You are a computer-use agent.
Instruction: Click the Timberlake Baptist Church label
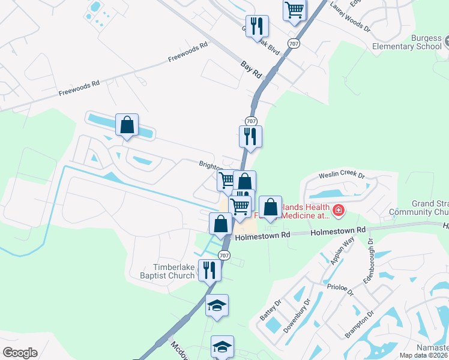(174, 271)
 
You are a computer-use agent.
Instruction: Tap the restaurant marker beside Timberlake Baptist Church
(209, 270)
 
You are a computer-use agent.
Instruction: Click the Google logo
(20, 353)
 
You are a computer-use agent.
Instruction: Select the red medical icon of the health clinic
(338, 210)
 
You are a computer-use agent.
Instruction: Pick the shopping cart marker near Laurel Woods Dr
(294, 10)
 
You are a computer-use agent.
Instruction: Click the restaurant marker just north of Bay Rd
(257, 26)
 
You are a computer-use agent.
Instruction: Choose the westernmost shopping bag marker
(127, 125)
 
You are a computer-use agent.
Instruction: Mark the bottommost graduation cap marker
(222, 346)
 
